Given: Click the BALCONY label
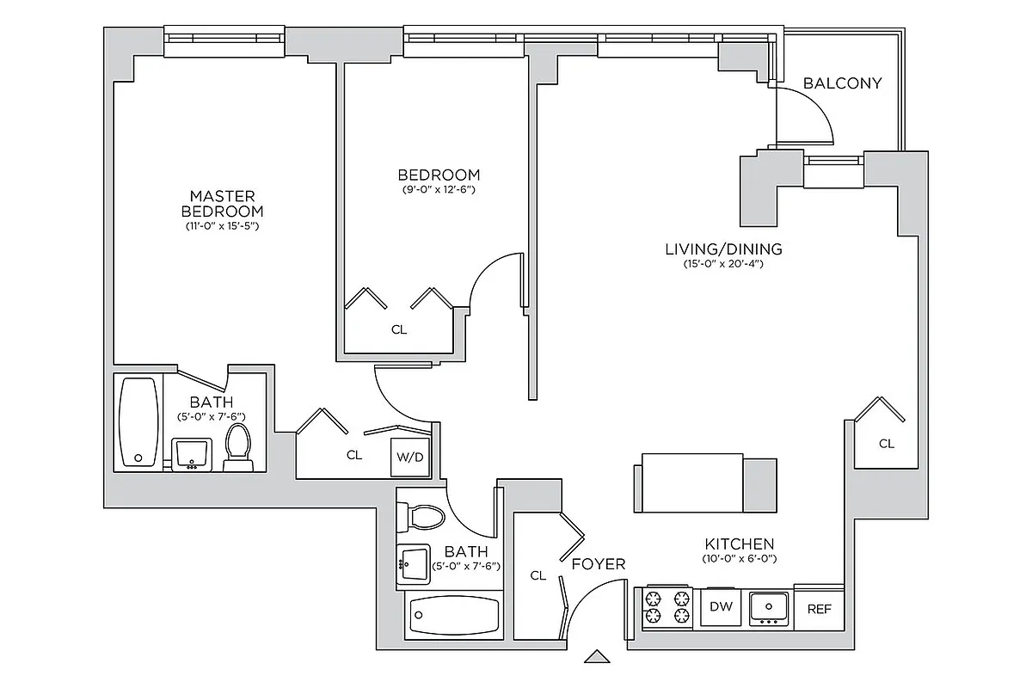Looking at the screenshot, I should [842, 83].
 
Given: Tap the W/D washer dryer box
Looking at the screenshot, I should [409, 457].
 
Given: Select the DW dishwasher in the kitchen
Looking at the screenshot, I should [721, 607].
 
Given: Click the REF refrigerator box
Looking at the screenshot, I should [819, 609].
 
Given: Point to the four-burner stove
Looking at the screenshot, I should [668, 607].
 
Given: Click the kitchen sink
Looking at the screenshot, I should [768, 607].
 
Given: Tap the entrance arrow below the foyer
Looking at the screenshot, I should [596, 657].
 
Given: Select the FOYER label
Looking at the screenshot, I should [599, 564].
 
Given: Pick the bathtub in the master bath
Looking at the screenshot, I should [138, 421].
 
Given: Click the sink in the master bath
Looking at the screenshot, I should [193, 453].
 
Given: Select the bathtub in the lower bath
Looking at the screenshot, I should [454, 616].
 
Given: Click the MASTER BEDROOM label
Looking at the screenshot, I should [222, 204].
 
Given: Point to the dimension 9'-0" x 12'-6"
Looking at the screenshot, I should [438, 189].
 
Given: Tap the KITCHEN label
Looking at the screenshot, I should [739, 544].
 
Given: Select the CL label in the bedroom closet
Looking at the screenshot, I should [398, 329].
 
